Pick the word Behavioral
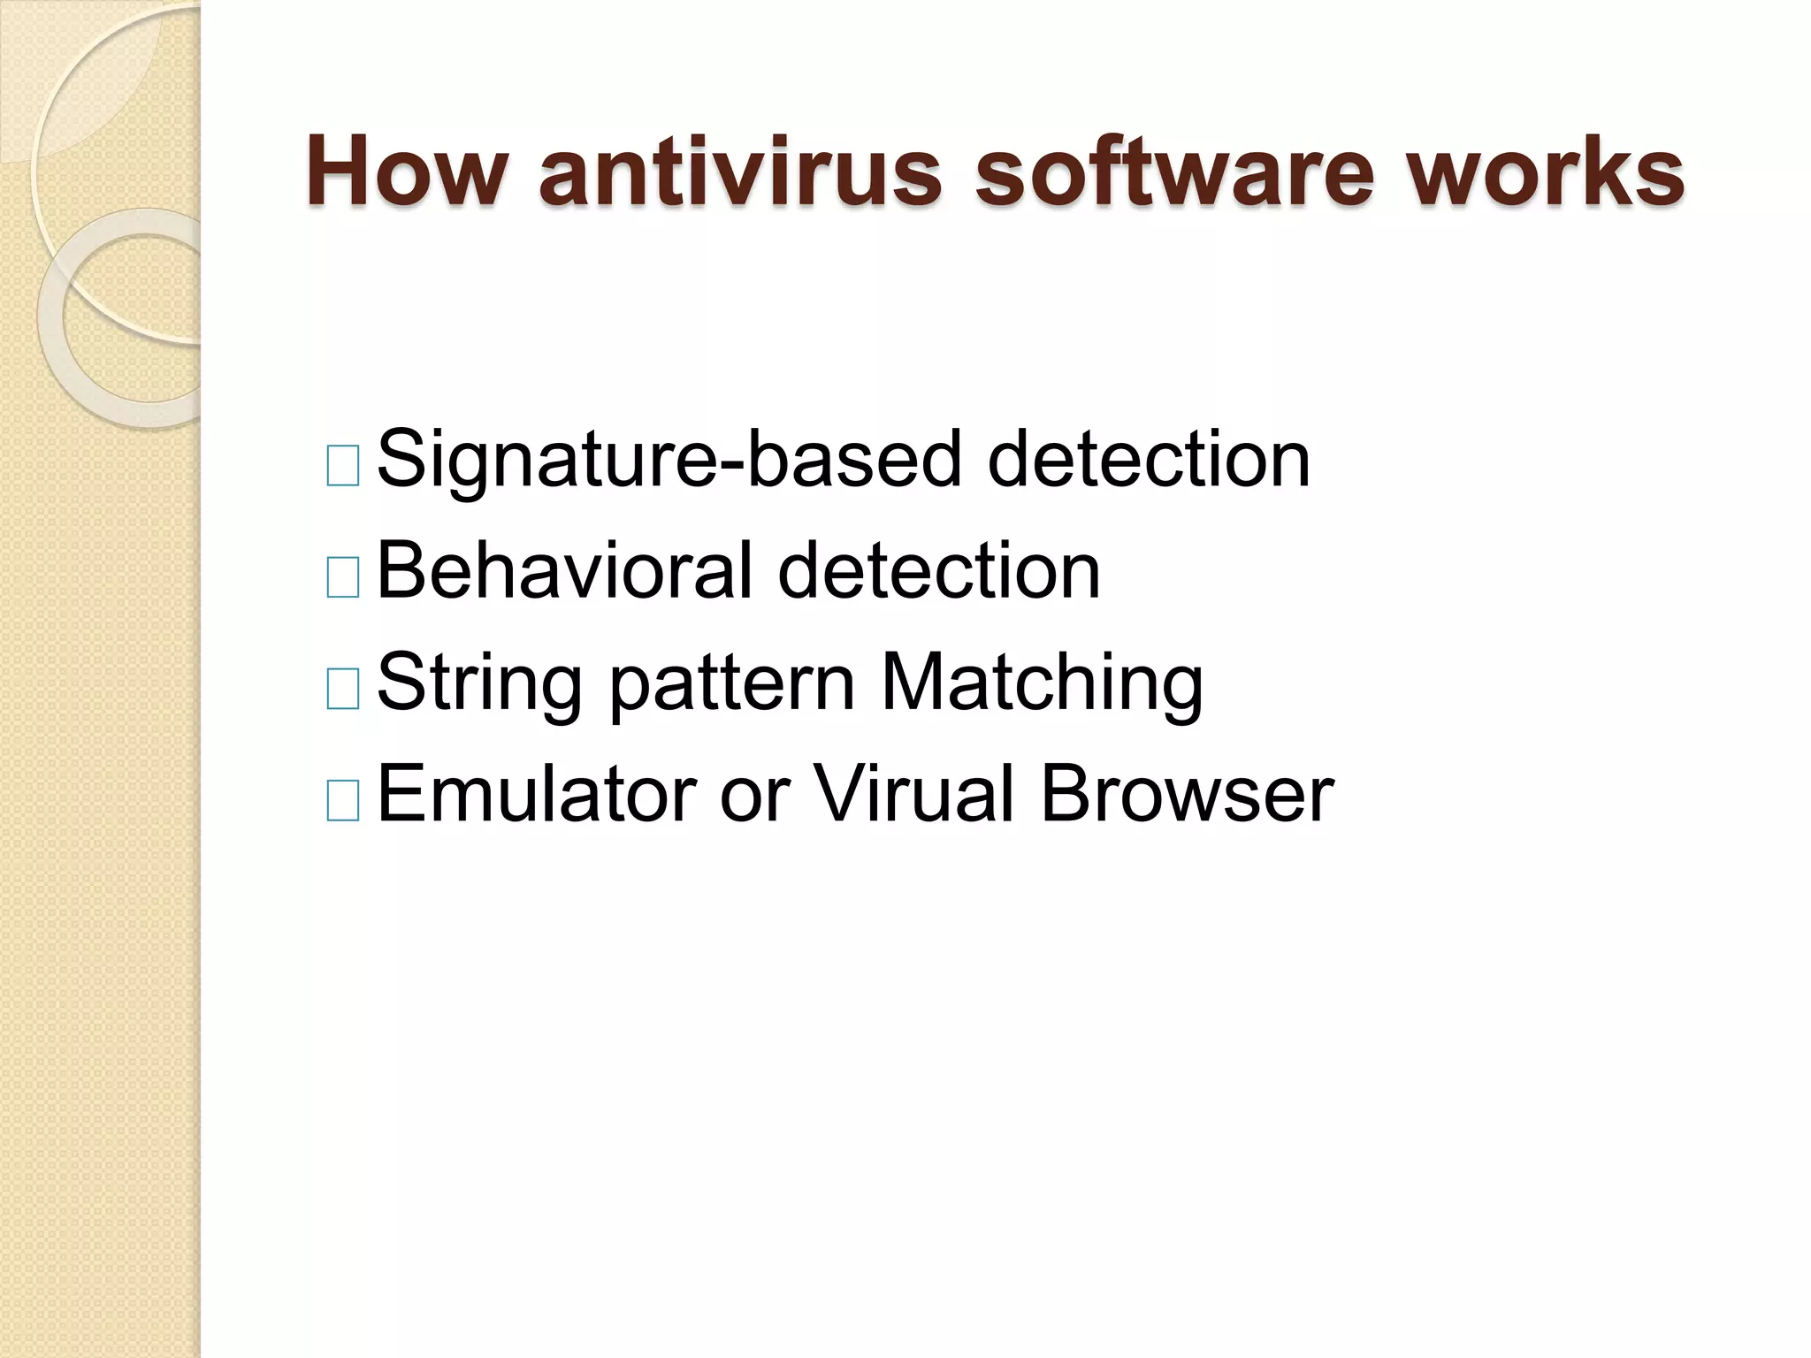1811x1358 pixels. click(565, 571)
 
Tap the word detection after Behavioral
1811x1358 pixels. click(939, 571)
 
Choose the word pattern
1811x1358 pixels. click(732, 683)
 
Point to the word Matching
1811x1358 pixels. click(1043, 683)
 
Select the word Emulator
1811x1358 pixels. click(536, 795)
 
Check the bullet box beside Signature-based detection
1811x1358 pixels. click(343, 466)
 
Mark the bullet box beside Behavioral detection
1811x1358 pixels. click(343, 577)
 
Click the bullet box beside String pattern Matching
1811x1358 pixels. click(343, 689)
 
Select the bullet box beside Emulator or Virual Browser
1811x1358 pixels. click(343, 800)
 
